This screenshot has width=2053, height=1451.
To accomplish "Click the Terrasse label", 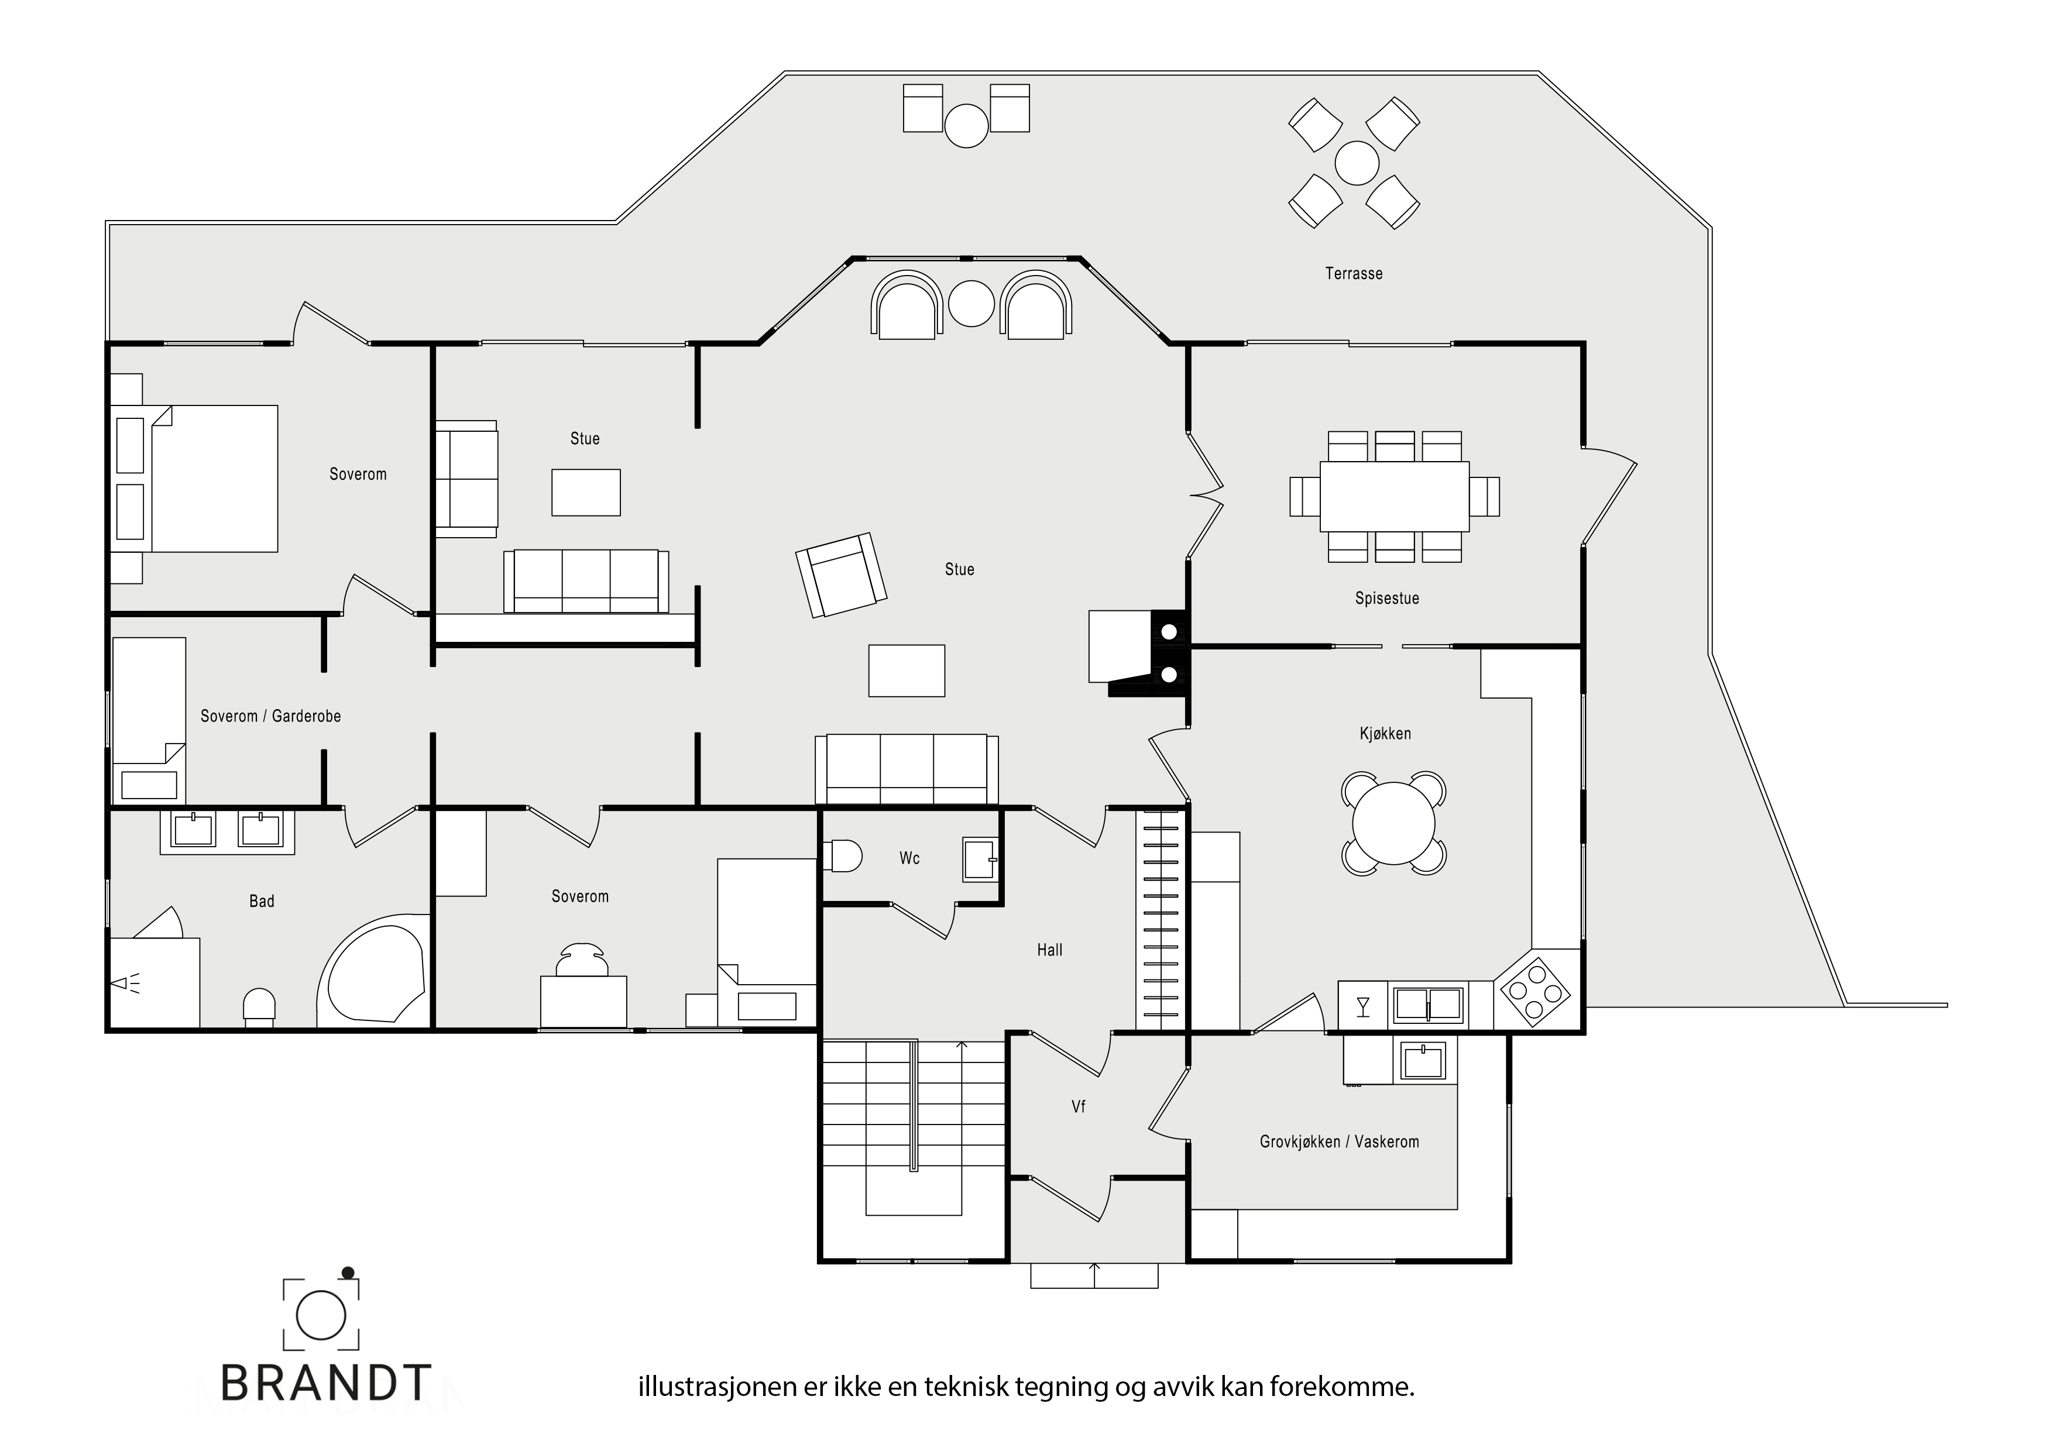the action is coord(1353,274).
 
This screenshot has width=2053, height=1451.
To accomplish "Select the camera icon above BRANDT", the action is coord(321,1311).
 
